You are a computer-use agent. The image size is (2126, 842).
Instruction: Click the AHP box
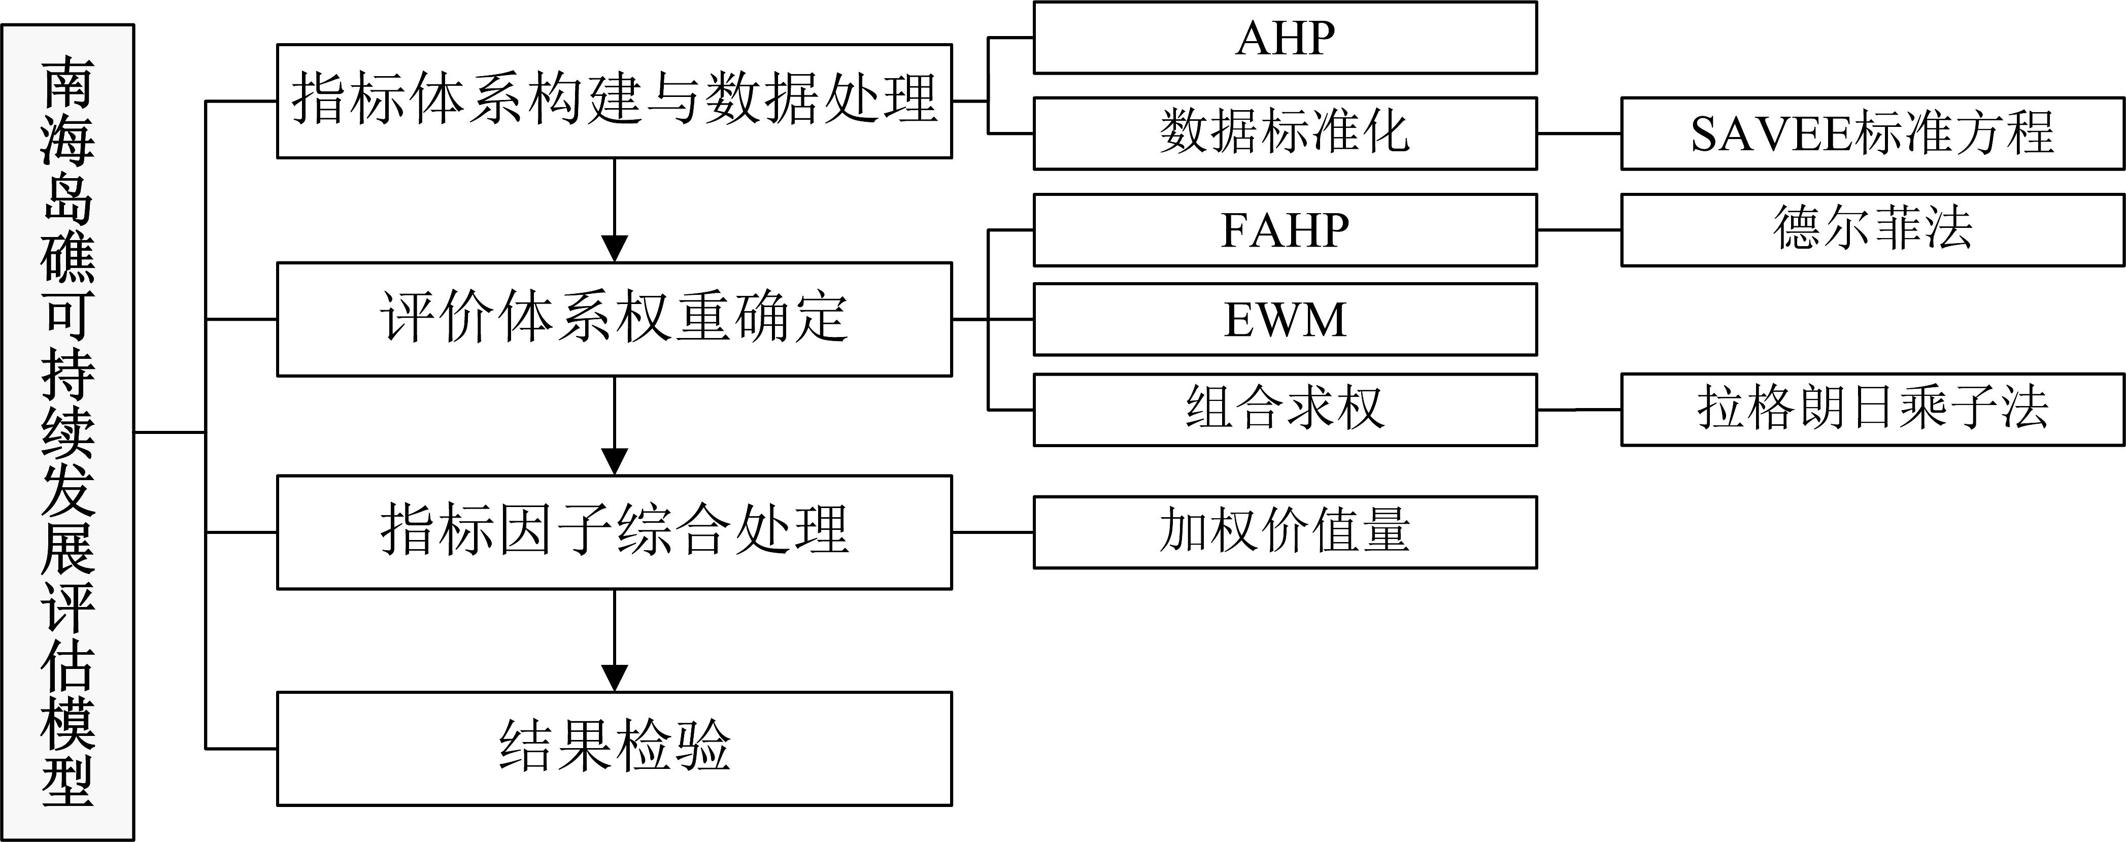1285,38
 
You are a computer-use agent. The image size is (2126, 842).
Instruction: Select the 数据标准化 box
1285,133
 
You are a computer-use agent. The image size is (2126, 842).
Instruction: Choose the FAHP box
1285,230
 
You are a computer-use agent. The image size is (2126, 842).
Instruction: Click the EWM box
1285,319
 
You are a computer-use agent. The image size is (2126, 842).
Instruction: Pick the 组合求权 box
1285,410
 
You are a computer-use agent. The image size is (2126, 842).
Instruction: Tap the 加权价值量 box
1285,532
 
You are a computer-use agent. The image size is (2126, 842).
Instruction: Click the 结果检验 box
614,749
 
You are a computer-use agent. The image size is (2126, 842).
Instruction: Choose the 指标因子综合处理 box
614,532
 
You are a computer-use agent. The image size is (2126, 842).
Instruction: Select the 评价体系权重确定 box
614,319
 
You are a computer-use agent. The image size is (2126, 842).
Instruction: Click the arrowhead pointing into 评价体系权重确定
615,249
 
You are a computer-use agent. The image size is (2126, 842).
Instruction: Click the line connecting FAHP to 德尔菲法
1579,230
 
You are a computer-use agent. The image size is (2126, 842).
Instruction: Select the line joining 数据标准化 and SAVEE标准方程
1579,133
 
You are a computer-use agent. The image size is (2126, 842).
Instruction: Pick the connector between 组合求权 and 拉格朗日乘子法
1579,410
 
